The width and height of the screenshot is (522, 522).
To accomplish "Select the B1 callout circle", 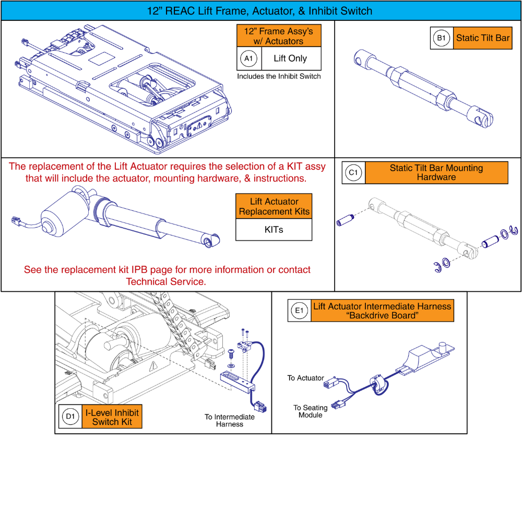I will (442, 38).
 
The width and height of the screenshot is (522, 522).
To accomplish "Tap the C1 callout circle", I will (353, 173).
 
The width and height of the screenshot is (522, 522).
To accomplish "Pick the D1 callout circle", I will (70, 417).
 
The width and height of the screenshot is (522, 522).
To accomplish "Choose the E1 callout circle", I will (300, 312).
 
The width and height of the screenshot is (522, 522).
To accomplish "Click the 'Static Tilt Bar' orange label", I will (482, 38).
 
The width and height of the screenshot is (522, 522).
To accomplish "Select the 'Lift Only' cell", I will (290, 59).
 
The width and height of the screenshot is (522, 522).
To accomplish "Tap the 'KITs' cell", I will (274, 229).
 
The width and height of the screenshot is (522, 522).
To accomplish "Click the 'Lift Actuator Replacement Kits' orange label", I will (274, 206).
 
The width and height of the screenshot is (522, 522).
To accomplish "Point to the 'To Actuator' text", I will (305, 378).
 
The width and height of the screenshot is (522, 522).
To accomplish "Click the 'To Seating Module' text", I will (310, 411).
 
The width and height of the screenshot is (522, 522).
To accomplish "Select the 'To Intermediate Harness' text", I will (230, 420).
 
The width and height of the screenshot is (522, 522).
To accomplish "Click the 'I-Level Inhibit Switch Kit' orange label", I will (112, 417).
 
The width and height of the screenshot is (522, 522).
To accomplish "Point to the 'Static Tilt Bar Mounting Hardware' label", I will (436, 173).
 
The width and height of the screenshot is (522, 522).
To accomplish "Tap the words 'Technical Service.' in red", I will (166, 281).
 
